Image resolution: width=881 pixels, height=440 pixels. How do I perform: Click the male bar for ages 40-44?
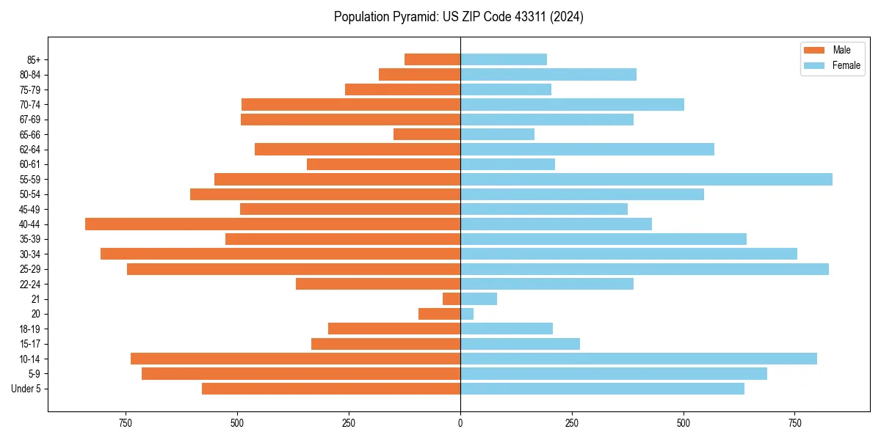[272, 224]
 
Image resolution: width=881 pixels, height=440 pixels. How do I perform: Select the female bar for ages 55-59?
[646, 180]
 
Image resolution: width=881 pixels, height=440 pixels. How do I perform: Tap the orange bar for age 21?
[452, 299]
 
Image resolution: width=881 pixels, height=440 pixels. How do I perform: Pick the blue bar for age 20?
[467, 314]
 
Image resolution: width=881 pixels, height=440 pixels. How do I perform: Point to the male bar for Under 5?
[331, 389]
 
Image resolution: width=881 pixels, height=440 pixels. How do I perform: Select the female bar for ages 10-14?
[639, 359]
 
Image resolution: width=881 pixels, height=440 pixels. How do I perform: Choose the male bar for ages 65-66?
[427, 134]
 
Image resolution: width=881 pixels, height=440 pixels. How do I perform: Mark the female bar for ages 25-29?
[645, 269]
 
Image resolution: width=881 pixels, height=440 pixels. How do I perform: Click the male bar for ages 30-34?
[280, 254]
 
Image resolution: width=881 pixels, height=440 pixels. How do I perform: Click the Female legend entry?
[833, 65]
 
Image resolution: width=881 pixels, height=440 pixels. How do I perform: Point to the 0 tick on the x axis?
[460, 423]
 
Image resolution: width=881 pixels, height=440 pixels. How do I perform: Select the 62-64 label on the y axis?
[30, 150]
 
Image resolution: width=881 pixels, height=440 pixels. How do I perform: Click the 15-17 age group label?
[30, 344]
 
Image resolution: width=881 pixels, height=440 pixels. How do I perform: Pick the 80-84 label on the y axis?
[30, 75]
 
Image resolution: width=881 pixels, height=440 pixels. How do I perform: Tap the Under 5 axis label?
[26, 389]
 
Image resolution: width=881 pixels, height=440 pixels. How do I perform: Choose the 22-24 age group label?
[30, 285]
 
